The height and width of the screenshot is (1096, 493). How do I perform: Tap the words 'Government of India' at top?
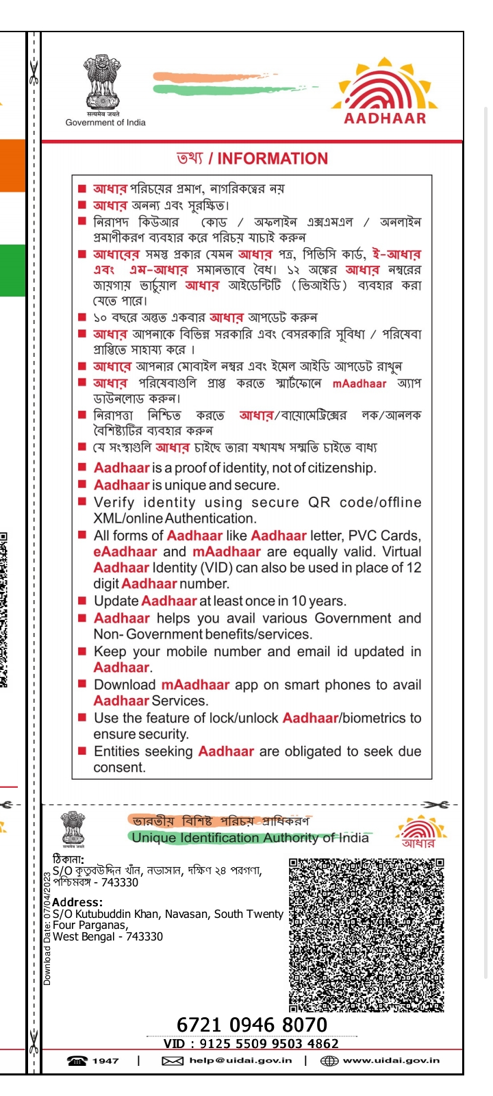pyautogui.click(x=105, y=123)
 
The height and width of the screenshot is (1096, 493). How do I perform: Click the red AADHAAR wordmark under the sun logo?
pyautogui.click(x=385, y=118)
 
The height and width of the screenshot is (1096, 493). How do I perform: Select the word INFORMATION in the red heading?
pyautogui.click(x=273, y=159)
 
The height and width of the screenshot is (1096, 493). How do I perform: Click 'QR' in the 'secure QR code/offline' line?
pyautogui.click(x=319, y=502)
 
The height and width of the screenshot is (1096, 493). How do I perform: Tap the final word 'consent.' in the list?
pyautogui.click(x=120, y=767)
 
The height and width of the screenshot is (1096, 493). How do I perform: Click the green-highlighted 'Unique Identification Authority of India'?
pyautogui.click(x=250, y=838)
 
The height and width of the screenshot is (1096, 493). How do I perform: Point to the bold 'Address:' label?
pyautogui.click(x=77, y=902)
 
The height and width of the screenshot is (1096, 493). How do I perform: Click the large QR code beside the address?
pyautogui.click(x=366, y=934)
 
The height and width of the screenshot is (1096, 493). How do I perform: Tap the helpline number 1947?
pyautogui.click(x=105, y=1060)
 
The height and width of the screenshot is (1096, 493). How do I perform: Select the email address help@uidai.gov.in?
pyautogui.click(x=240, y=1060)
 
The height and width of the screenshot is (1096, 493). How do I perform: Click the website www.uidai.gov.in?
pyautogui.click(x=391, y=1060)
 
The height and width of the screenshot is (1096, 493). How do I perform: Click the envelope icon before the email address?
pyautogui.click(x=172, y=1061)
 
